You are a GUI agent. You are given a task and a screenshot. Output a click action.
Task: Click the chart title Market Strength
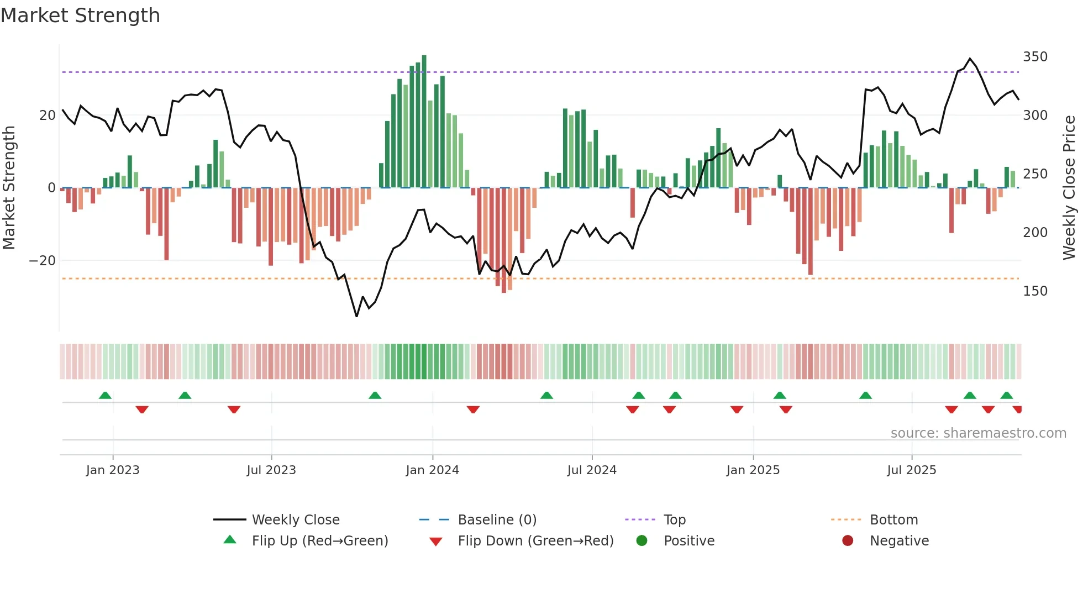click(80, 15)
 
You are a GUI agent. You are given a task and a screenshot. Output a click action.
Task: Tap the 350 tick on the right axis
click(1035, 57)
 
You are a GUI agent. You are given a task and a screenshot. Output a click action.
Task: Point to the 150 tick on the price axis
click(1035, 291)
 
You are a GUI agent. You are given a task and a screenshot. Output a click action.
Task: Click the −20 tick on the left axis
click(42, 261)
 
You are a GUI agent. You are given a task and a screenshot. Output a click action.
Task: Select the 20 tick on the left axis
click(47, 116)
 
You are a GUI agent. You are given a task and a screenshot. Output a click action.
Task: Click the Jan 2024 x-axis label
click(432, 470)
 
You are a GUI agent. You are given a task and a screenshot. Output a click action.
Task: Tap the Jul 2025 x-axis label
click(911, 470)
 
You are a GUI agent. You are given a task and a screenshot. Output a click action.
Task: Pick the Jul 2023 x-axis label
click(271, 470)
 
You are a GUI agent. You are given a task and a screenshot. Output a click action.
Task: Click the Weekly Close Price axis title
click(1069, 188)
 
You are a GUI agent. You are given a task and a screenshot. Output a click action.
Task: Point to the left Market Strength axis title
click(9, 188)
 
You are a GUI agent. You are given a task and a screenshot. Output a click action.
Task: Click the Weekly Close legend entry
click(295, 520)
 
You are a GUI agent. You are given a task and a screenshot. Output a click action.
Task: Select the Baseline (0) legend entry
click(497, 520)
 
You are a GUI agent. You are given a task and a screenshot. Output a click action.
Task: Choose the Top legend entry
click(674, 520)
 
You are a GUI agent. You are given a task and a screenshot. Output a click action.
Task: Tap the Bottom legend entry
click(893, 520)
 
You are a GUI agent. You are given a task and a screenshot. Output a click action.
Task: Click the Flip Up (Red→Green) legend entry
click(319, 541)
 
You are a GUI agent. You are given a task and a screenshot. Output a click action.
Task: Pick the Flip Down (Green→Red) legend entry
click(535, 541)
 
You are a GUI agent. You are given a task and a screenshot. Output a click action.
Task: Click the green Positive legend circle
click(642, 541)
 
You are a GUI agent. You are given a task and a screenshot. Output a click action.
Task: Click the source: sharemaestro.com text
click(978, 433)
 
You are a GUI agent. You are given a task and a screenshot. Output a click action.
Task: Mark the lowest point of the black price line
click(356, 316)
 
